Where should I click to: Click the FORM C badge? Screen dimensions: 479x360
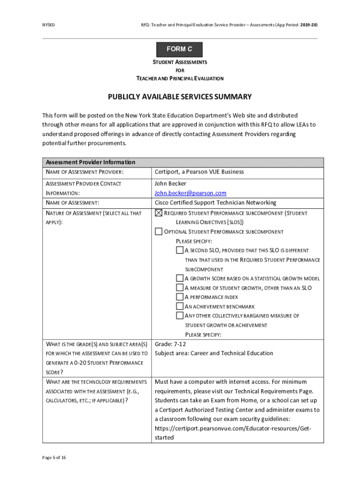180,49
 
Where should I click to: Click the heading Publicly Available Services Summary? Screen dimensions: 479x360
180,97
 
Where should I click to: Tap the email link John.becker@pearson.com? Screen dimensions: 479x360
190,193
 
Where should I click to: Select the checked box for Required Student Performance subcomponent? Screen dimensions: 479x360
158,213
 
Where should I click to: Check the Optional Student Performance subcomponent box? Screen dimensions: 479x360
158,232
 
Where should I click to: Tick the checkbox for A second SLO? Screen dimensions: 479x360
180,250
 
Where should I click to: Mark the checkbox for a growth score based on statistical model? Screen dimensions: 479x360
180,278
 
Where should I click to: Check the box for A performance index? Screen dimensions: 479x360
180,297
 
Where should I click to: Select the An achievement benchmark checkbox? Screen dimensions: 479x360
180,306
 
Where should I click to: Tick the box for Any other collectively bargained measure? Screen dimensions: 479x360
180,315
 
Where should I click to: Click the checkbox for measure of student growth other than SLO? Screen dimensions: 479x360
180,288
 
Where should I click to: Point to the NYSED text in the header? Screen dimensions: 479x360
49,24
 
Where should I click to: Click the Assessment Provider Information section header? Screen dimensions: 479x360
90,162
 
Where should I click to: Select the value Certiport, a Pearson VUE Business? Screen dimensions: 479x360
199,172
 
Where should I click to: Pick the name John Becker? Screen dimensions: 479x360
170,183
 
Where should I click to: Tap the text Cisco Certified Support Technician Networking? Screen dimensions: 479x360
216,203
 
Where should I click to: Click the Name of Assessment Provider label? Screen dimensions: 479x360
85,172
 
